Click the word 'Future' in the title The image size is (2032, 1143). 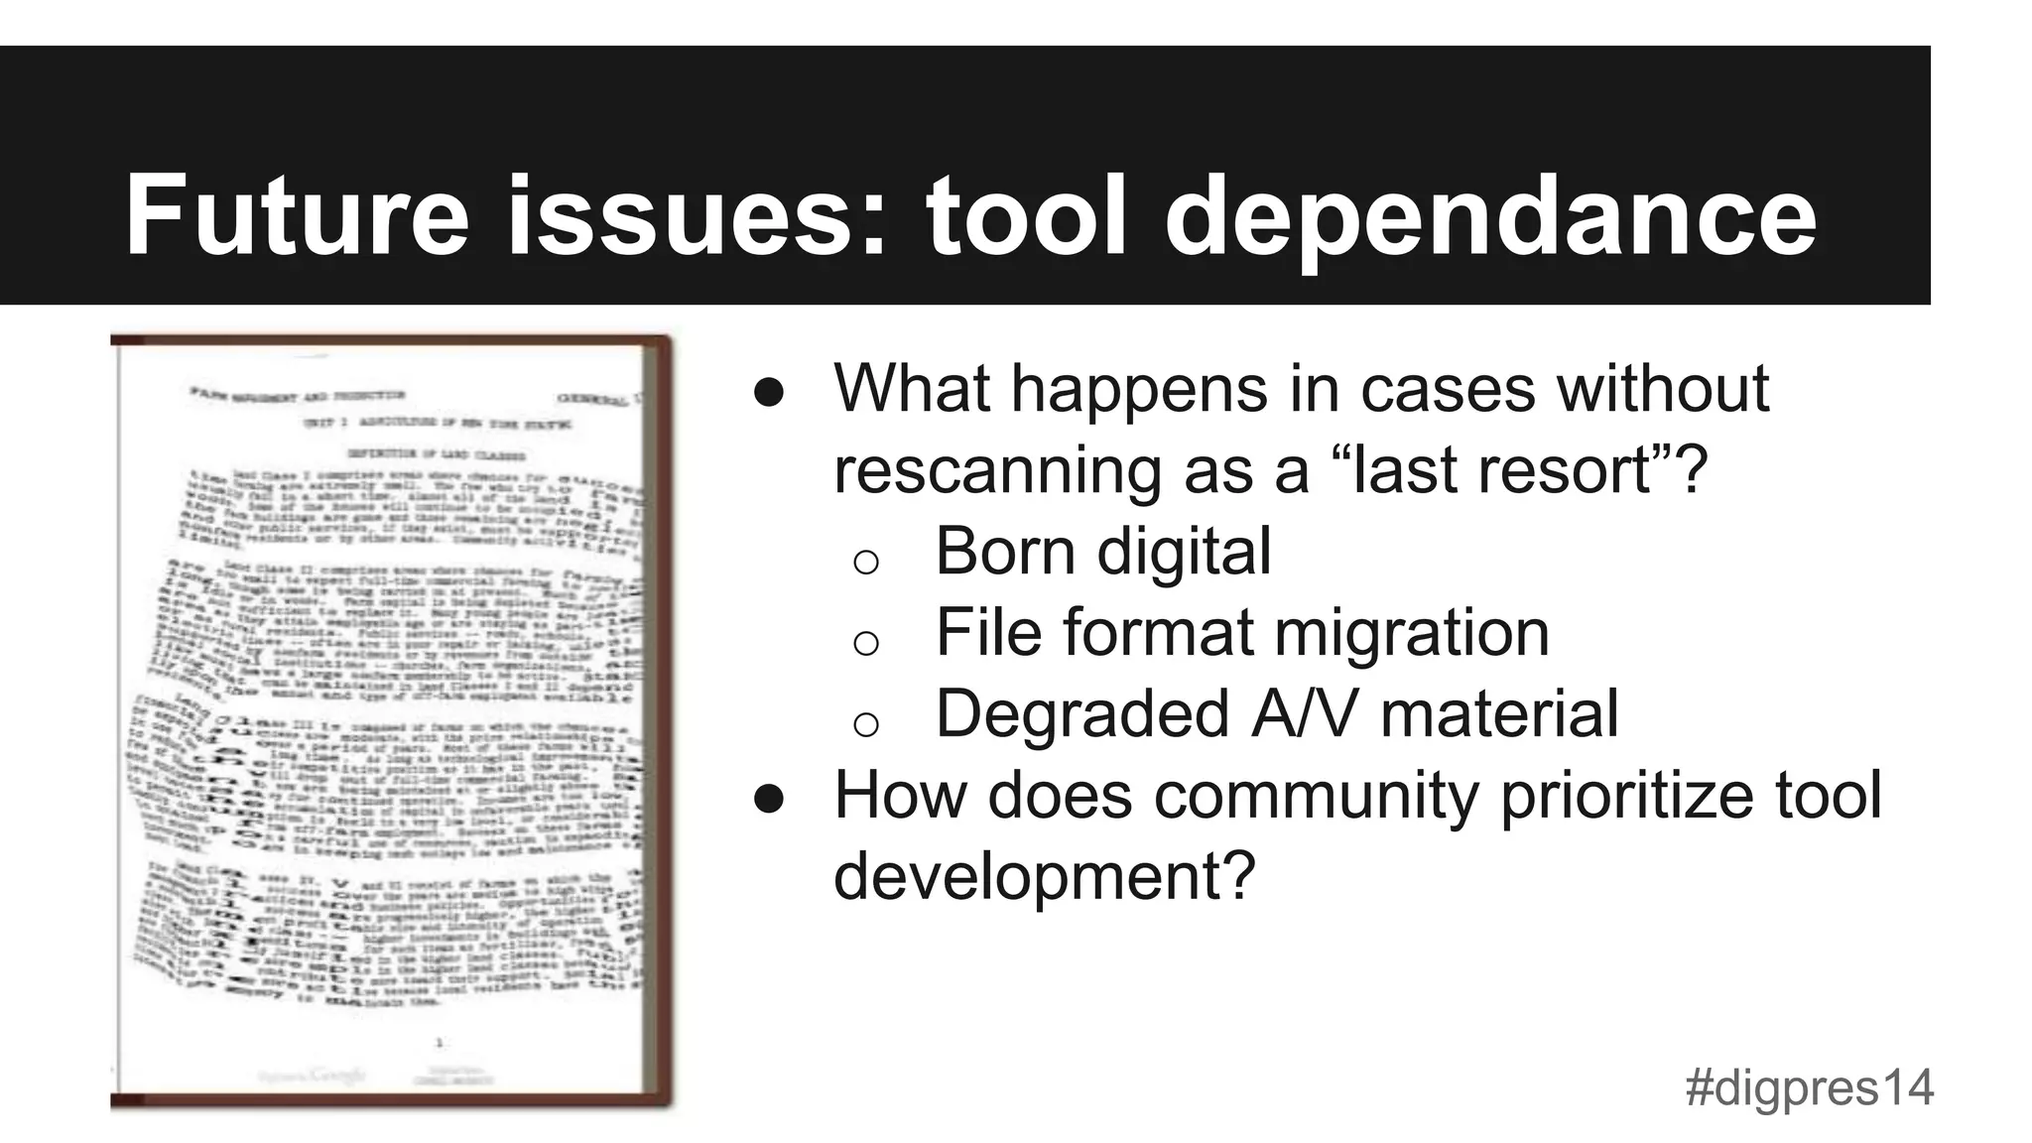pos(296,216)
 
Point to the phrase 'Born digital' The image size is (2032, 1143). pos(1102,551)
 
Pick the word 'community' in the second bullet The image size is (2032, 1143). pos(1316,795)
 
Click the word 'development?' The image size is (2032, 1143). pos(1045,876)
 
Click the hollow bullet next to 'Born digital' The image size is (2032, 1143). pos(866,562)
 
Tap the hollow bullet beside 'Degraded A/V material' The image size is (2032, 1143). pos(866,724)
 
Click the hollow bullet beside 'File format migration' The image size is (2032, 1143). pos(866,643)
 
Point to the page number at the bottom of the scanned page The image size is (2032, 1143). pos(439,1042)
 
